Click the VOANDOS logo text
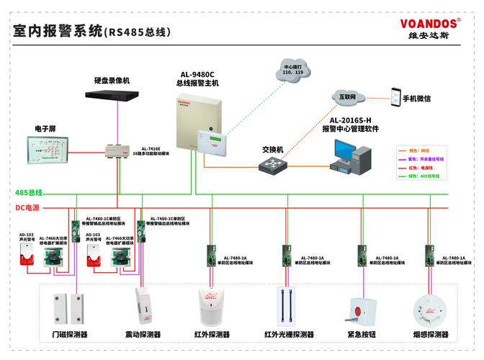coord(430,23)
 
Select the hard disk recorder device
coord(117,94)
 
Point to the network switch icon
coord(273,164)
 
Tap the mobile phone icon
coord(395,96)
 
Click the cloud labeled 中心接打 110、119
coord(293,71)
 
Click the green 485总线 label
coord(29,193)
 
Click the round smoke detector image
coord(431,308)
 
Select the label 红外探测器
coord(212,335)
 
